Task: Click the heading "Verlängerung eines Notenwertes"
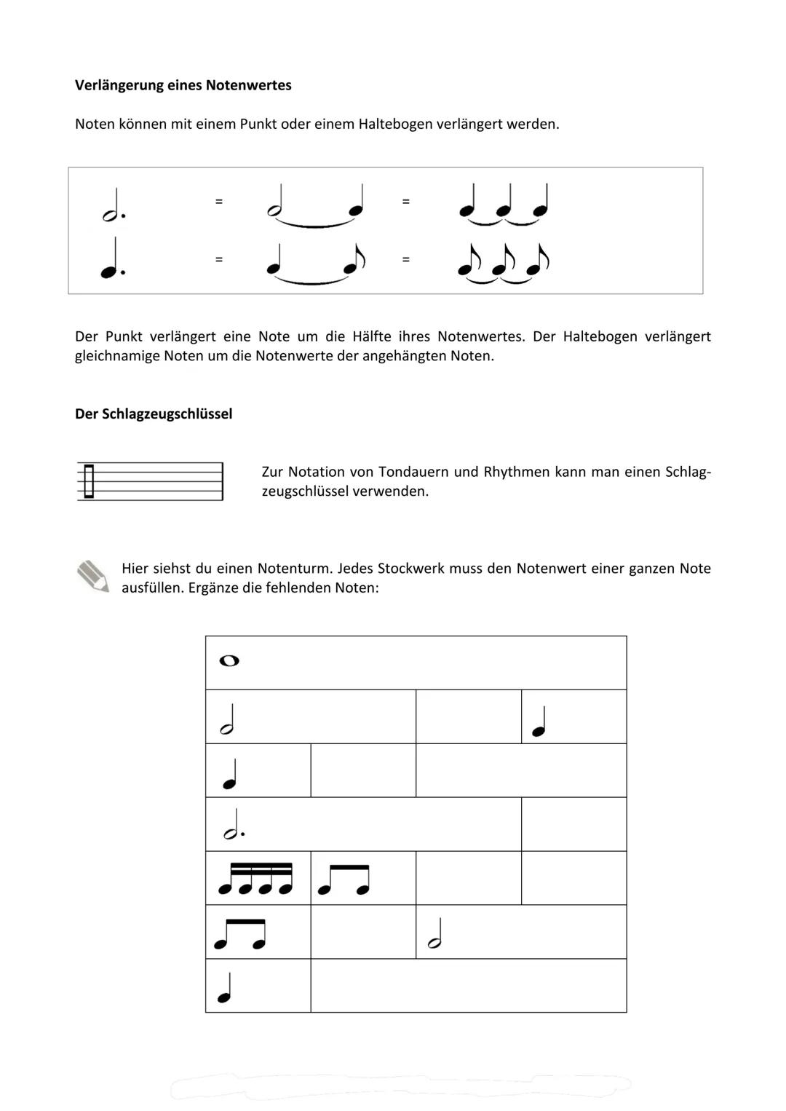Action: point(183,85)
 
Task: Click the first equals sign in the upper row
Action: point(218,201)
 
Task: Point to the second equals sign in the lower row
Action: point(405,259)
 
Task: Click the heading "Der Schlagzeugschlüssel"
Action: point(154,414)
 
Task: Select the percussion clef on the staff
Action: point(89,481)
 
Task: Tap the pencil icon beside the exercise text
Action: point(92,576)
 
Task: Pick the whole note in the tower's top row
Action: point(229,661)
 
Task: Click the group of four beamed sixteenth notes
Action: point(255,879)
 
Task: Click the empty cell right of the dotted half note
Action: point(573,824)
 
